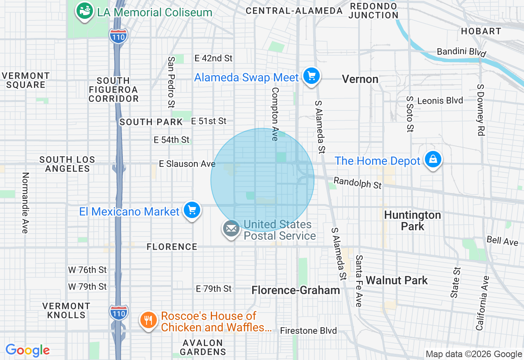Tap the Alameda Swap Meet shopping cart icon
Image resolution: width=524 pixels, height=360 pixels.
point(311,76)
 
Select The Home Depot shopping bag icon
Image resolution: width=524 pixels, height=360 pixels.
point(433,160)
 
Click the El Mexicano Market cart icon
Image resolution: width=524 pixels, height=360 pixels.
point(192,210)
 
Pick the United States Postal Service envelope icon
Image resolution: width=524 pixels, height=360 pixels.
point(231,229)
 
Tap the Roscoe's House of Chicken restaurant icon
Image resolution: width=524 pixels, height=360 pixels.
point(148,320)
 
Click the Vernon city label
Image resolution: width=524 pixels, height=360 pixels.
point(360,79)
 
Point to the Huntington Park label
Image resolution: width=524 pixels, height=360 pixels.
point(413,220)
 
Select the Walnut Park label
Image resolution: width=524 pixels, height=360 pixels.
point(397,280)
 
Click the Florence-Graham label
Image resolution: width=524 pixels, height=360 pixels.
point(296,290)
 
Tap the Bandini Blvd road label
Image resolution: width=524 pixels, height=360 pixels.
point(461,52)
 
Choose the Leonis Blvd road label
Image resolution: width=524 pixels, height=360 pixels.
point(440,100)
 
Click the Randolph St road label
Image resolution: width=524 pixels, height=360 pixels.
point(357,183)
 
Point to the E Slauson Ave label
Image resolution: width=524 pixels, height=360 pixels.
point(187,164)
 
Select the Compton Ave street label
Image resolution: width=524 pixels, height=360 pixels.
point(275,114)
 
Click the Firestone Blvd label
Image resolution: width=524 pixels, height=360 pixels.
point(308,331)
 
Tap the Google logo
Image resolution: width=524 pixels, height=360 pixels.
point(28,350)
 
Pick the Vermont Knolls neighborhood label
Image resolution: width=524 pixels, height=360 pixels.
point(66,310)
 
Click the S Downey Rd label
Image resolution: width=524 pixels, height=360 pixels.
point(481,110)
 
